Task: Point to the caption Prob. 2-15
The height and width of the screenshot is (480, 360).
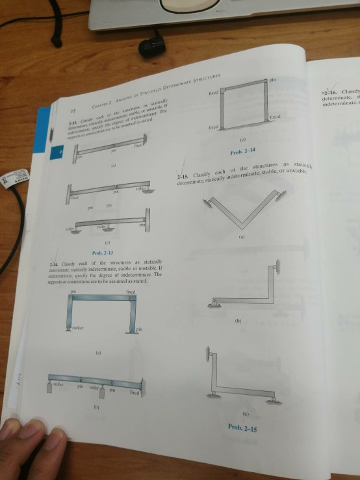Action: pos(242,427)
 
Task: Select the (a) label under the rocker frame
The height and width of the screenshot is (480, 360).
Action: pos(98,354)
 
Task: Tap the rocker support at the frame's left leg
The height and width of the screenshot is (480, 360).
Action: pos(70,329)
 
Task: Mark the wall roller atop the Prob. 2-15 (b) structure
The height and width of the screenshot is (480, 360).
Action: pos(276,266)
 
